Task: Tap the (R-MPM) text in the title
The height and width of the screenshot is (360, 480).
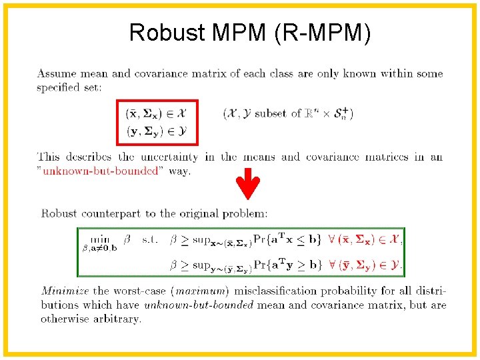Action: (321, 32)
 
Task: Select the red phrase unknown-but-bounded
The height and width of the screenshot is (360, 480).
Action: (102, 171)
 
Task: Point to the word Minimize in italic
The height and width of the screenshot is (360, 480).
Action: (65, 291)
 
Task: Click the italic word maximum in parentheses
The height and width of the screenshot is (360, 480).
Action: (207, 291)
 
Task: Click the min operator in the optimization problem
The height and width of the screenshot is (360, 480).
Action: (101, 239)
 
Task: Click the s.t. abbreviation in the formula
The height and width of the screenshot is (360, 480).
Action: (151, 239)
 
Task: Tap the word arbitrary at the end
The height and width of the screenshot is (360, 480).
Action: (119, 319)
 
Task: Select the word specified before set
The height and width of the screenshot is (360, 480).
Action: (59, 87)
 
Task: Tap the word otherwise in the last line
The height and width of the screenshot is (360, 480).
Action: (64, 319)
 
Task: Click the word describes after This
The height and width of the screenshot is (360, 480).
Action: (89, 157)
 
